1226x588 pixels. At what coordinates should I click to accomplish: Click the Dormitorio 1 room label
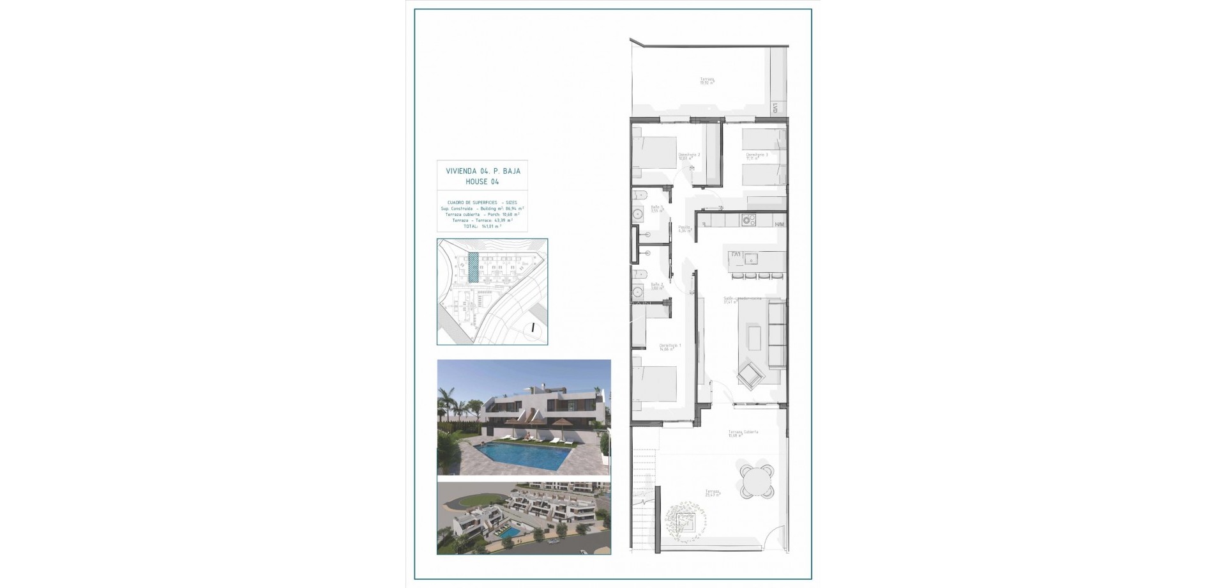pos(670,346)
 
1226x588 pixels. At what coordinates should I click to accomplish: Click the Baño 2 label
pos(657,286)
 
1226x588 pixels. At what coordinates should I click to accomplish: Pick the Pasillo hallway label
pos(685,228)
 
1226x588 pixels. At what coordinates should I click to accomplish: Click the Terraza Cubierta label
pos(743,433)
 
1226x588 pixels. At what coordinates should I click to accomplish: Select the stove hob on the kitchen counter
pos(748,220)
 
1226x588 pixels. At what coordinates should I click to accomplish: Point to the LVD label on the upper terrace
pos(775,109)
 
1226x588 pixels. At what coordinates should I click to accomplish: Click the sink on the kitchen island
pos(752,259)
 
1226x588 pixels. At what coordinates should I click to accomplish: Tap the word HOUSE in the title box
pos(477,182)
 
